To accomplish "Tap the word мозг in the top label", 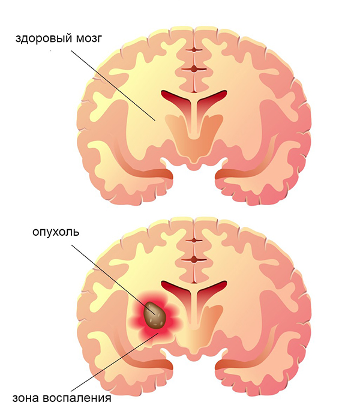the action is (89, 39).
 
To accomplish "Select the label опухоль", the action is (56, 232).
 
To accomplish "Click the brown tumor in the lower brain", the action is (155, 315).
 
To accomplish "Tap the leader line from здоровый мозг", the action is (113, 85).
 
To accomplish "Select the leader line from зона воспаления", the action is (115, 361).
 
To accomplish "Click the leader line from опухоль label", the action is (112, 278).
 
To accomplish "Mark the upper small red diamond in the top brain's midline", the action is (194, 50).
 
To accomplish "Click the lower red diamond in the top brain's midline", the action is (194, 70).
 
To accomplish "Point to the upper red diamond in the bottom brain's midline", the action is (194, 240).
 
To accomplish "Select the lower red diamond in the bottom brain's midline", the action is (194, 260).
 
